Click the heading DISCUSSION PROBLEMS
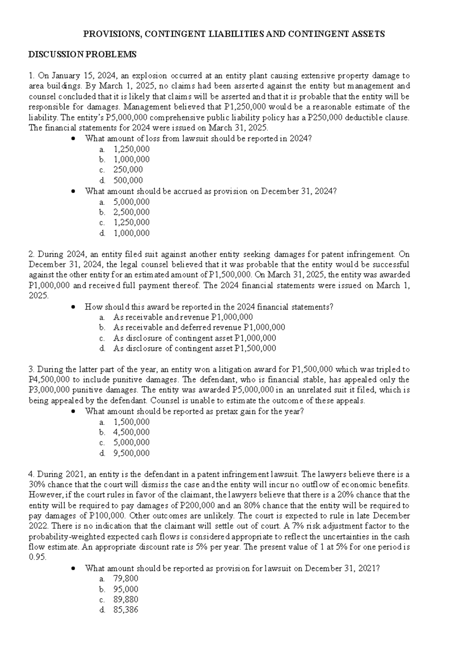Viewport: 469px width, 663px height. pos(82,54)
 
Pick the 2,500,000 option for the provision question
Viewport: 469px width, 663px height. pos(131,212)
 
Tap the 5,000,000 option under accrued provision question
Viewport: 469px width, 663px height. pos(131,202)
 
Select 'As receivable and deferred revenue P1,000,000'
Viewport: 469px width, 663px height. pos(199,327)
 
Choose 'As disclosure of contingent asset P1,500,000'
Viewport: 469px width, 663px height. pos(194,348)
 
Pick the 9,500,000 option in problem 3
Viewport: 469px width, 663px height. pos(131,453)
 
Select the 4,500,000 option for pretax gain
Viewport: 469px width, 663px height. pos(131,432)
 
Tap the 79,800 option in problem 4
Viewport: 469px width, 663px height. pos(125,579)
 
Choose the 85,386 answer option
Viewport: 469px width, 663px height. pos(125,610)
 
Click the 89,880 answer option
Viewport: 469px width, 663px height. pos(125,600)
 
